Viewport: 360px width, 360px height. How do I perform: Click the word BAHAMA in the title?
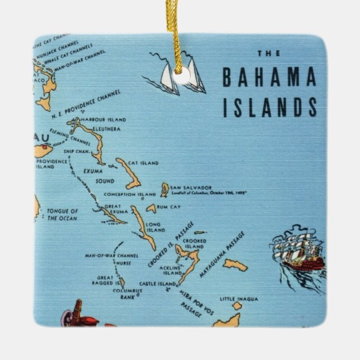tap(269, 78)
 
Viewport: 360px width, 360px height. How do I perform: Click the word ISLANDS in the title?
tap(269, 106)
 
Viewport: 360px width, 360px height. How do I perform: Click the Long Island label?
tap(155, 227)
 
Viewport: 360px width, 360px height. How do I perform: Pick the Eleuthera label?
tap(106, 128)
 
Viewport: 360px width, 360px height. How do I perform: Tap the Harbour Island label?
tap(103, 120)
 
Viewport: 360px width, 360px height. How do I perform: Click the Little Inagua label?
tap(239, 299)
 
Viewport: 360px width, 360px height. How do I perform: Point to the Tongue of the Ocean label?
tap(63, 215)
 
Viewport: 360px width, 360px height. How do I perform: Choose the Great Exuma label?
tap(112, 209)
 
